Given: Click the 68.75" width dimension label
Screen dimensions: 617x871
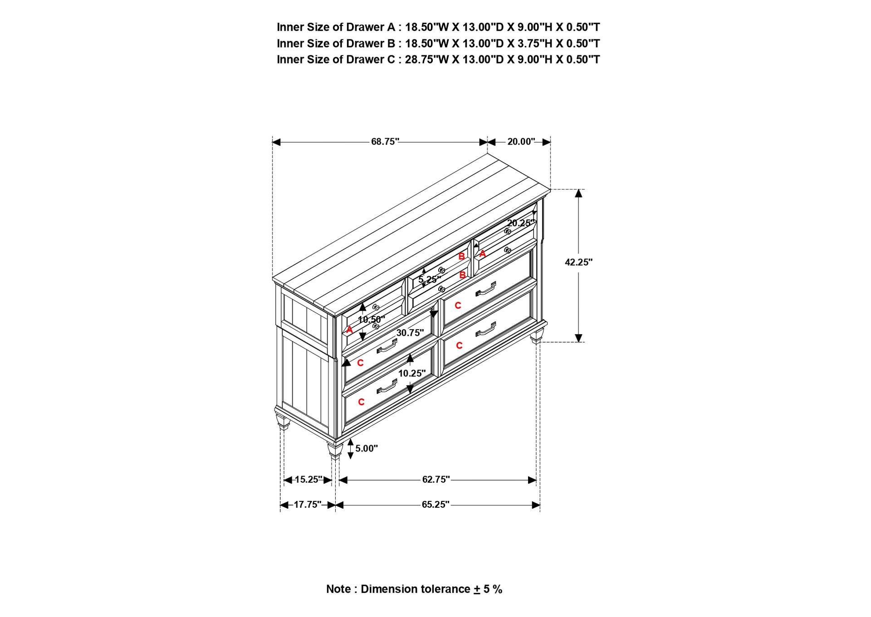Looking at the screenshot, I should pos(385,141).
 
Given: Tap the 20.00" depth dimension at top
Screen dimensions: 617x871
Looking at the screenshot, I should pos(521,141).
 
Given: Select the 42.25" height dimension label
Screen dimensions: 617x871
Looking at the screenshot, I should pos(578,262).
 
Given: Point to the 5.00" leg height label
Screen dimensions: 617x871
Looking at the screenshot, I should pos(366,448).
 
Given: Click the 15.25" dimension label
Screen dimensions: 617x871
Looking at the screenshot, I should pos(308,479).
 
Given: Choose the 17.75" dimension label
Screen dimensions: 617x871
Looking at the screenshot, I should pos(307,505).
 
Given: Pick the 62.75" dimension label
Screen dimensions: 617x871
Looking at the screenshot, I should pos(435,479).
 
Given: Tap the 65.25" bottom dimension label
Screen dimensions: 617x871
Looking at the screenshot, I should pos(435,505).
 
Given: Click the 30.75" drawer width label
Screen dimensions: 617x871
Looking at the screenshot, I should pos(410,333).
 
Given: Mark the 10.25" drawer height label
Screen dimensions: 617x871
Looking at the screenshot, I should pos(411,373).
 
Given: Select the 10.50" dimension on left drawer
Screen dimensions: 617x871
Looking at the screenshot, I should pos(371,320).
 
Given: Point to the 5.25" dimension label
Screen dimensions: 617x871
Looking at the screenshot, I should pos(429,279).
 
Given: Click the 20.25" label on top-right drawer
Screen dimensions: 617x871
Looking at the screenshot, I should pos(520,223).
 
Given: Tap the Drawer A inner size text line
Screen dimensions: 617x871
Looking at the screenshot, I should pos(438,27).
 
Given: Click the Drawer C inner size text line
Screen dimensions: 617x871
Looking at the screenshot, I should pos(438,59).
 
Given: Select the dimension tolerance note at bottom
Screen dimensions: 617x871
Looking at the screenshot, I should pos(414,589).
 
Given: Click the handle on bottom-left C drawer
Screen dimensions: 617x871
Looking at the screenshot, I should pos(387,387).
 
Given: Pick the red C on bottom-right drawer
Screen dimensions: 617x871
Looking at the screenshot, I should pos(459,345).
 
